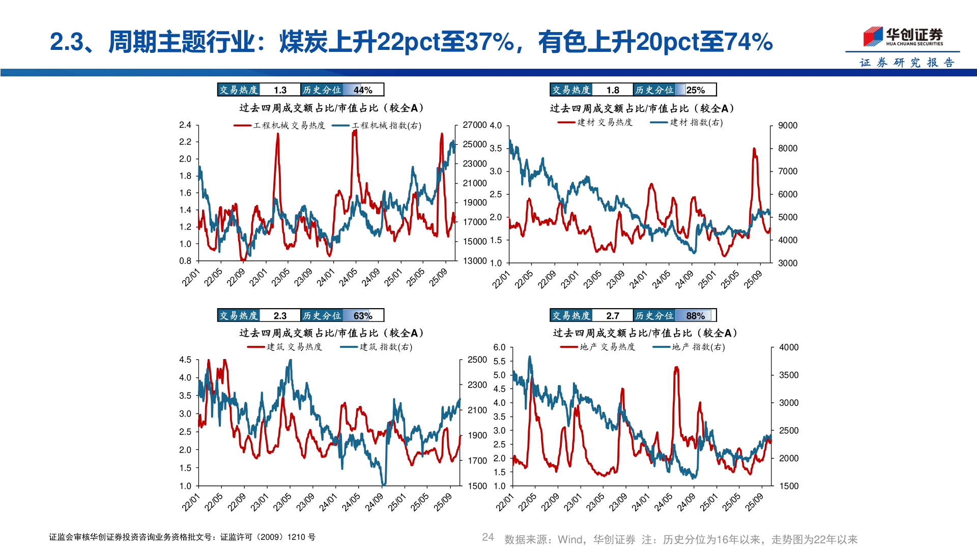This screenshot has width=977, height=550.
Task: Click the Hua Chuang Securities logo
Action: point(903,37)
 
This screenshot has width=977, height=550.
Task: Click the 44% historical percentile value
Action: point(363,90)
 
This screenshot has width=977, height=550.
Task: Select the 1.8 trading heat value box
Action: point(613,90)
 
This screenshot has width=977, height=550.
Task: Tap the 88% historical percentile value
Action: point(695,316)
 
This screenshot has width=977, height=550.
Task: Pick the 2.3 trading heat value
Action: point(280,316)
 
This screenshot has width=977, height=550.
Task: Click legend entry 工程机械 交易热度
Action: point(280,125)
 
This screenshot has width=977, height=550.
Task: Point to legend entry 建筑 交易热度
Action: point(285,347)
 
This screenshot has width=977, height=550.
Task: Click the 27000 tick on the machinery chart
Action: point(474,125)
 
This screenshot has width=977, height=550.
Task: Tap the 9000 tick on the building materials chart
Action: point(787,125)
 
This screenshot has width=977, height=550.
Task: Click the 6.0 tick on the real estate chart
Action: point(499,347)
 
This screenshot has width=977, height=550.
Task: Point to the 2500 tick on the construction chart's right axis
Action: point(477,360)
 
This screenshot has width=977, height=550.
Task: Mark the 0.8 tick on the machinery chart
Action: point(185,261)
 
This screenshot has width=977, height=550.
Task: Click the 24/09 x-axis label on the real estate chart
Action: point(685,502)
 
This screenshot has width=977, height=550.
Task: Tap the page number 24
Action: point(487,537)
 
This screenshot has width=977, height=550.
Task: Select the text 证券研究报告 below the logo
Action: point(907,63)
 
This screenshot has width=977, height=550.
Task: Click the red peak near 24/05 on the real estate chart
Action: point(676,368)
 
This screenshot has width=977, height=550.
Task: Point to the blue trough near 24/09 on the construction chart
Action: point(384,484)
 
